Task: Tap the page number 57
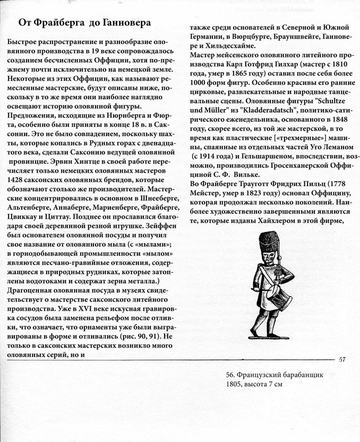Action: click(x=342, y=359)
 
